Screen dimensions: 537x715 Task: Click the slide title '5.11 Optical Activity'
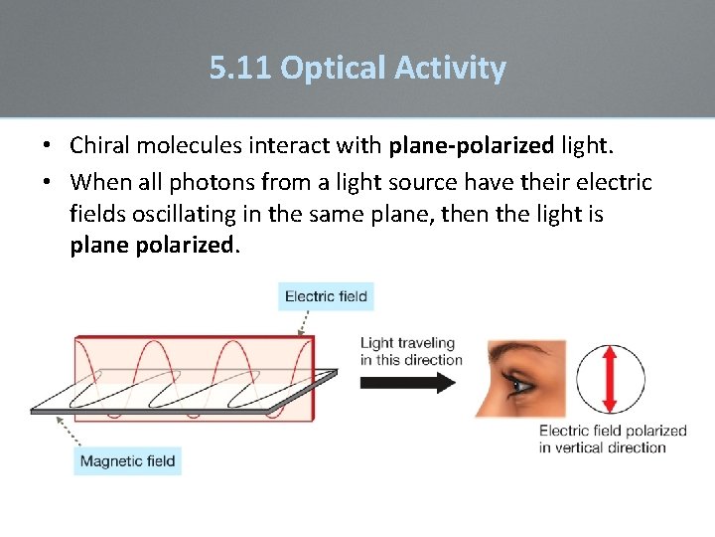pos(357,68)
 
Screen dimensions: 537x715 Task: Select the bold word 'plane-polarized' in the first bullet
pos(471,146)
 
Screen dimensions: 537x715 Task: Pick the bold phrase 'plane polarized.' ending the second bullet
pos(155,245)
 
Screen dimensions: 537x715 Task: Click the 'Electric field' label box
pos(326,296)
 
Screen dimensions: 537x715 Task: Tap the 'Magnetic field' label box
pos(127,460)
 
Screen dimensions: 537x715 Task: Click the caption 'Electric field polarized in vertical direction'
pos(613,439)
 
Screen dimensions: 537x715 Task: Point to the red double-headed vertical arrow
pos(610,379)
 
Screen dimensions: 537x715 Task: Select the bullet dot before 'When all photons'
pos(48,184)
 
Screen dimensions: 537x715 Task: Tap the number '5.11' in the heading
pos(240,68)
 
